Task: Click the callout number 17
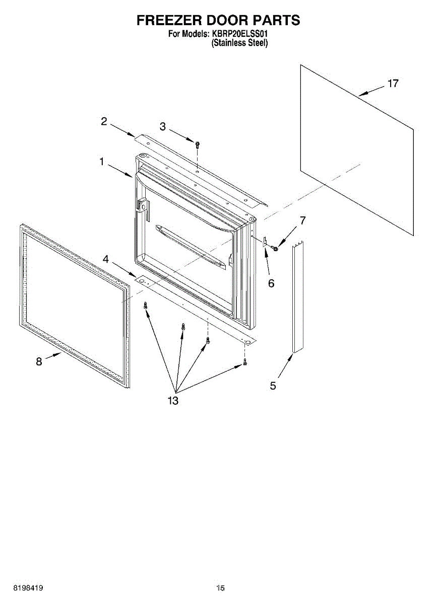coord(393,84)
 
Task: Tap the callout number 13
coord(173,401)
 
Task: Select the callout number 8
coord(39,361)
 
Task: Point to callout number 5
coord(273,386)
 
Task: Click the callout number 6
coord(271,283)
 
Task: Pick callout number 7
coord(302,220)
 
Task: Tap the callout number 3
coord(163,127)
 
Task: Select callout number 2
coord(104,121)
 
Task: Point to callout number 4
coord(105,259)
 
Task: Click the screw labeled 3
coord(198,145)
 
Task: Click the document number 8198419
coord(28,588)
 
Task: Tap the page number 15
coord(220,588)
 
